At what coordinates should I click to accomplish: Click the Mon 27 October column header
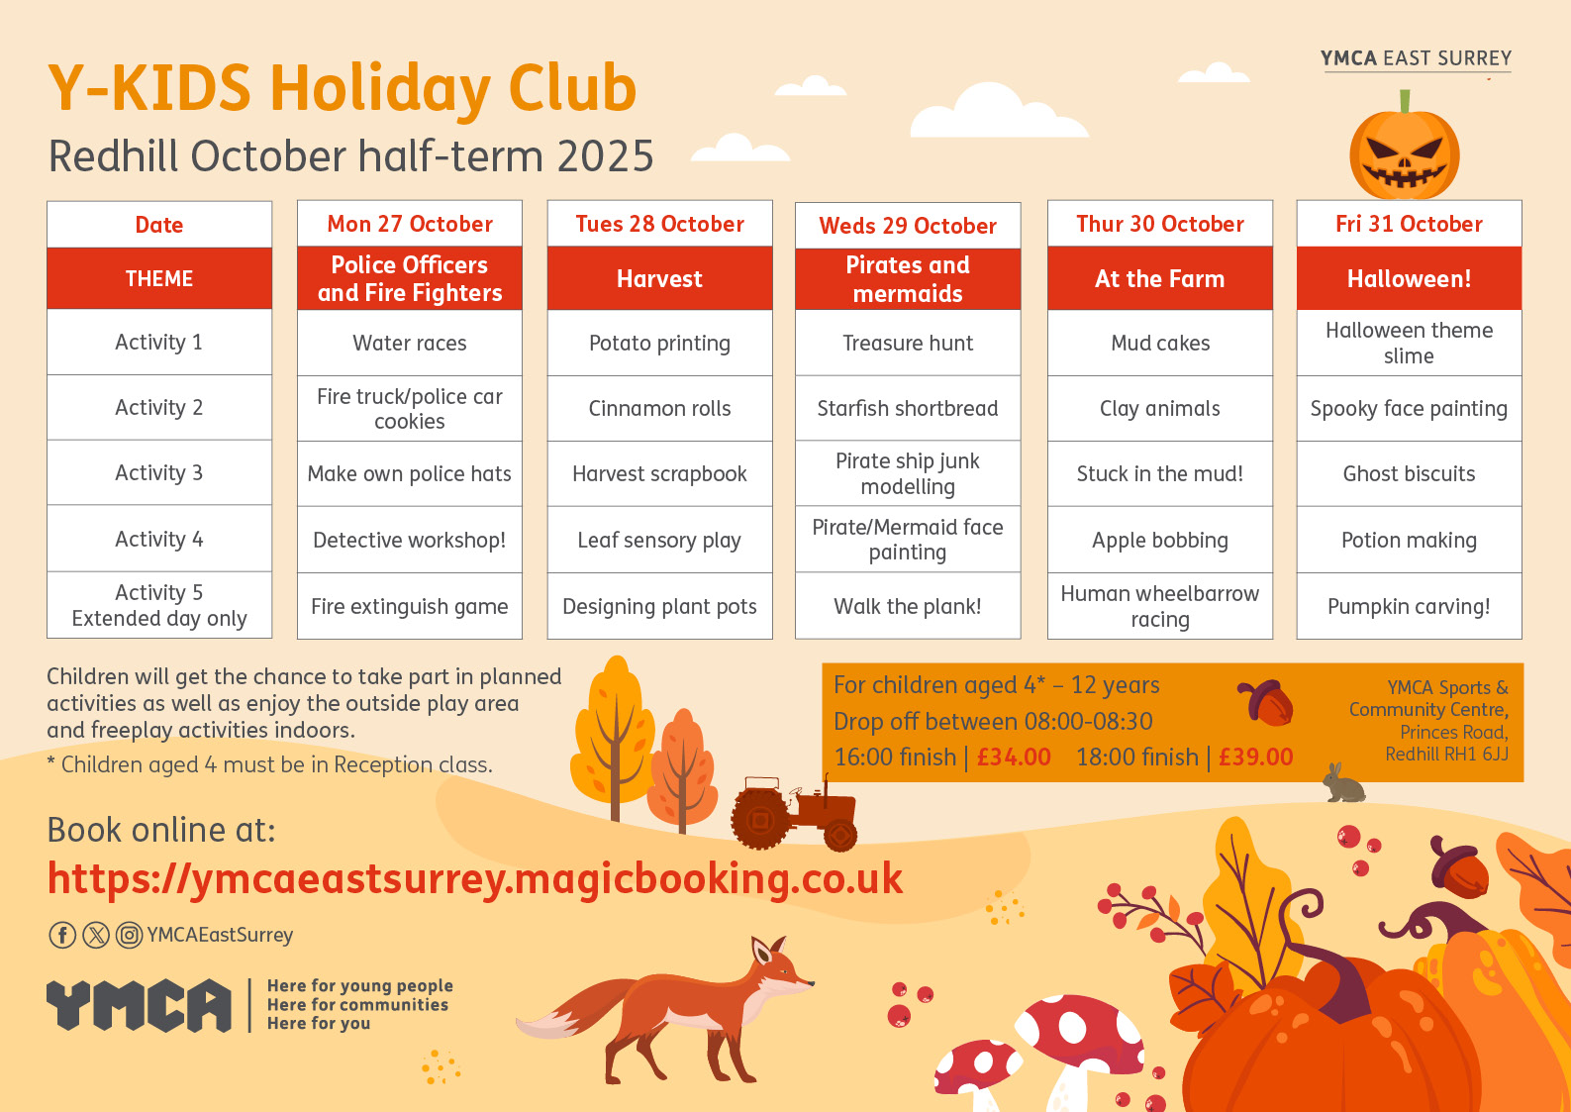[410, 224]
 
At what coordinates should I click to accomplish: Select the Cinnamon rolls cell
[659, 408]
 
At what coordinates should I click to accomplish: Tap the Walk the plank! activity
[908, 606]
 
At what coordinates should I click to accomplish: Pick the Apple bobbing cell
[1160, 541]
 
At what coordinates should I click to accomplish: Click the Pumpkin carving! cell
[1409, 606]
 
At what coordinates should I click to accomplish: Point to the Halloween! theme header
[1409, 278]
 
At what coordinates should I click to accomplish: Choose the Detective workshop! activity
[410, 541]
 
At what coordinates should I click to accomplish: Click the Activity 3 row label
[159, 473]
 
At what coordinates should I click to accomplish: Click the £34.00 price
[1014, 757]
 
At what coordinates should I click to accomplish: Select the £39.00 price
[1255, 757]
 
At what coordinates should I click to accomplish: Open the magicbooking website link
[475, 878]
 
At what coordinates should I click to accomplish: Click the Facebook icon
[62, 935]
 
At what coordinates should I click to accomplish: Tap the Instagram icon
[129, 935]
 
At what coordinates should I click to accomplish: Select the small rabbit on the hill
[1343, 783]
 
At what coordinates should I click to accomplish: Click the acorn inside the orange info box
[1266, 703]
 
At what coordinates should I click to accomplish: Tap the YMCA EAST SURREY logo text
[1416, 58]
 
